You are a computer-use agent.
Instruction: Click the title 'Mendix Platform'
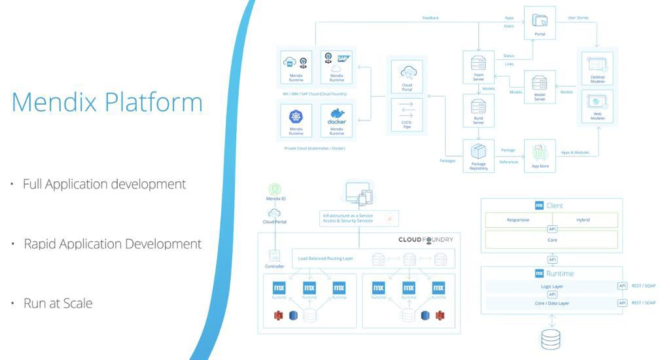107,103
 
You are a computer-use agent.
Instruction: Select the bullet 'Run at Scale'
58,303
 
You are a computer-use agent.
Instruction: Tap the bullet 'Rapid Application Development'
112,243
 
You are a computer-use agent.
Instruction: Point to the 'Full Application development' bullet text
104,184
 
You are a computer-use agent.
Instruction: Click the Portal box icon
540,23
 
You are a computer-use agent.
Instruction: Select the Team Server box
478,67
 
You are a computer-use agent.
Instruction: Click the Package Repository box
478,156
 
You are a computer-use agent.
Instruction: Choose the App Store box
540,156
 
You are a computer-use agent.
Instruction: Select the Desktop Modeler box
596,68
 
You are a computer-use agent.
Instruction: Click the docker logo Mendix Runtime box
336,120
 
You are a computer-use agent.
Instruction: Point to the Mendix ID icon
273,189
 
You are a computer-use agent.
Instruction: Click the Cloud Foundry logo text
425,240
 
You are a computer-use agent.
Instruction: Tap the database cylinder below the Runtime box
550,338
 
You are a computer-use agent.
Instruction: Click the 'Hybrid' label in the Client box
583,220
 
